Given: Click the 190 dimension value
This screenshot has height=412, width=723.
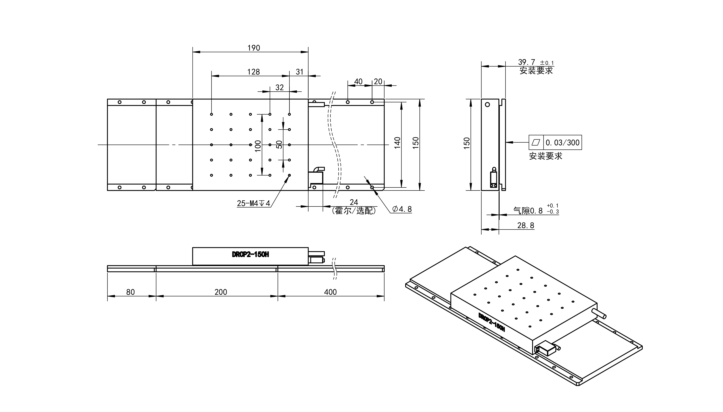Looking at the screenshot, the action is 254,48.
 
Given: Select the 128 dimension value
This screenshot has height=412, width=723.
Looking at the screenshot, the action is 254,72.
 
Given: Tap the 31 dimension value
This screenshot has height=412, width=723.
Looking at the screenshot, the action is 299,72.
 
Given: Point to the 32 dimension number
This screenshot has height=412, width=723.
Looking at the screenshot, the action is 279,88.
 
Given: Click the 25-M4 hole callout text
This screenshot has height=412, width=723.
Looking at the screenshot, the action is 254,203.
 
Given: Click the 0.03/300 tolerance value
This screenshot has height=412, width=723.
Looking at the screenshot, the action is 562,143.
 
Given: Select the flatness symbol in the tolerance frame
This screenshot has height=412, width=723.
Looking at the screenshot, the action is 536,142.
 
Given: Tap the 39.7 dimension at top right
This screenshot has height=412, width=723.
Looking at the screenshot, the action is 527,62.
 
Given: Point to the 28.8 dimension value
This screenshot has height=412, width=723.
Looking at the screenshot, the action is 526,225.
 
